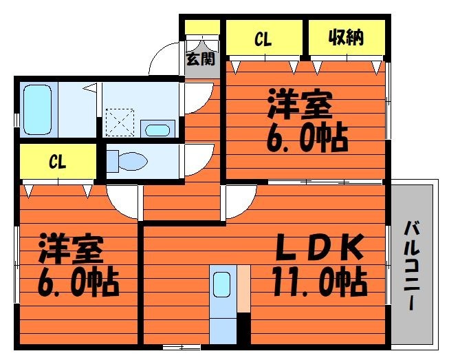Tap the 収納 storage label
click(346, 37)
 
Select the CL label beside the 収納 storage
click(263, 39)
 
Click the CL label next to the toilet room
click(57, 161)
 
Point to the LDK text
click(319, 247)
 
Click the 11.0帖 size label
click(320, 282)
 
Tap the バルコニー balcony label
click(412, 266)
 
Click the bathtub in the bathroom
click(38, 109)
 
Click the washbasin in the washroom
click(157, 130)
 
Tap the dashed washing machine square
click(120, 123)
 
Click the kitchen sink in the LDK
click(222, 284)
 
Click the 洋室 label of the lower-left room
click(71, 248)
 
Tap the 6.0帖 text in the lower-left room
click(78, 282)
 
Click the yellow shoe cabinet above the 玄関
click(202, 28)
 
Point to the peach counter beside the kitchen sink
click(243, 288)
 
